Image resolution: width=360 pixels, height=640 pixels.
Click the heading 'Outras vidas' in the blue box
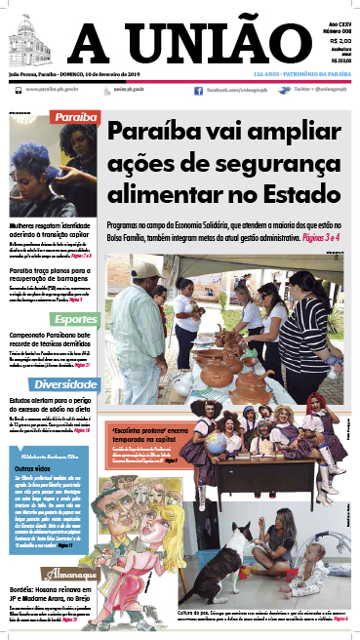[x=31, y=469]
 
